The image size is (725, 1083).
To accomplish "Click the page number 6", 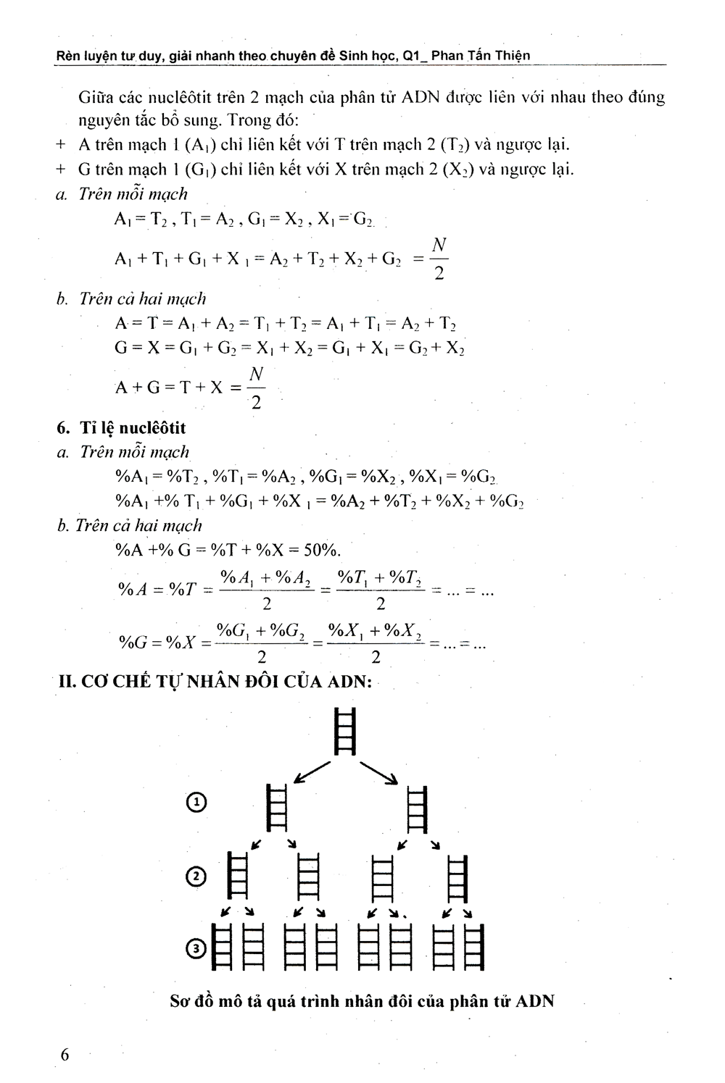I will pos(65,1054).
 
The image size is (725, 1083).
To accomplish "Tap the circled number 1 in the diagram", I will pos(196,803).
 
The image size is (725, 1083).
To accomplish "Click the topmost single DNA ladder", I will pos(346,731).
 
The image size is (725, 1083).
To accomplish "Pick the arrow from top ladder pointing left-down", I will pos(310,773).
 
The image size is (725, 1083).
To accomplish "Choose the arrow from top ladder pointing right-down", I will pos(380,773).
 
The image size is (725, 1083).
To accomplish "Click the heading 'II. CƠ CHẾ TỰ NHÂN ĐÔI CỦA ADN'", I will pos(214,682).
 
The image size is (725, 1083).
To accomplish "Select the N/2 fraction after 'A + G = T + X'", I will pos(256,388).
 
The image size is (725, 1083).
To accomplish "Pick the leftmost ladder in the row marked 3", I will pos(221,946).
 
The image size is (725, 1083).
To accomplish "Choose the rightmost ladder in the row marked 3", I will pos(473,946).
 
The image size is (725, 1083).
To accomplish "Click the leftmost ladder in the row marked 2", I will pos(238,877).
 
